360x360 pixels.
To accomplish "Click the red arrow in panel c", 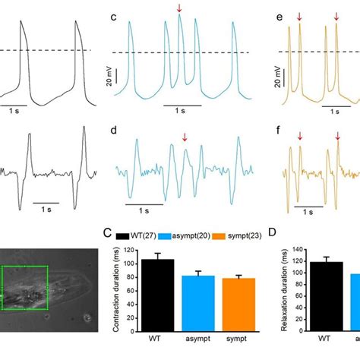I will pyautogui.click(x=179, y=8).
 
